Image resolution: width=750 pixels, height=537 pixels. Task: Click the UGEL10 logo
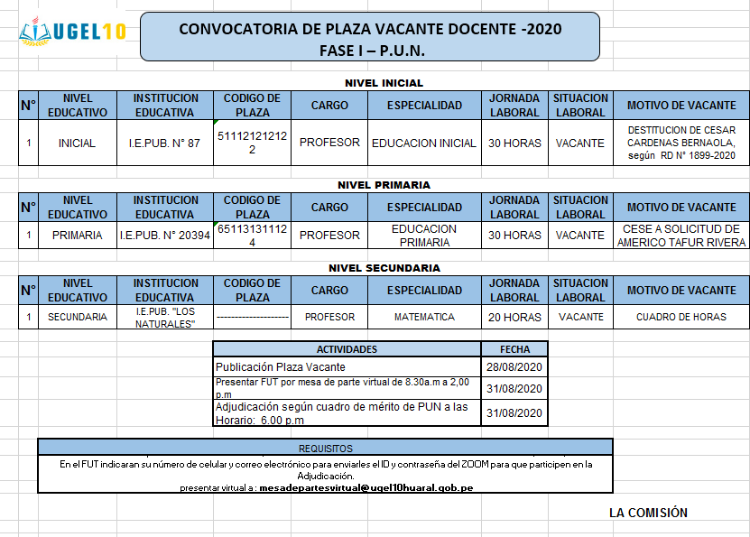72,32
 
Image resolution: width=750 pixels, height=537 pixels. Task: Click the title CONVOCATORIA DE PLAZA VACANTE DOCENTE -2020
370,29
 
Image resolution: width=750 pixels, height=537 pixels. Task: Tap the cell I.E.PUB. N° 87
164,143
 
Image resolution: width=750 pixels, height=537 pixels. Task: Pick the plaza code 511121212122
252,143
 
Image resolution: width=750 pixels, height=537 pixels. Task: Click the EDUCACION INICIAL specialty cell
423,143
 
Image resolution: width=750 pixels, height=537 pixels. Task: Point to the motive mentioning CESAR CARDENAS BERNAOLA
681,143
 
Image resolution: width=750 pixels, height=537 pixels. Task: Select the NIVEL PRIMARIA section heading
384,185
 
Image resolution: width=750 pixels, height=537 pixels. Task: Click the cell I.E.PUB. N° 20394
165,236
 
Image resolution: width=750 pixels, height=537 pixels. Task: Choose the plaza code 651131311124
252,236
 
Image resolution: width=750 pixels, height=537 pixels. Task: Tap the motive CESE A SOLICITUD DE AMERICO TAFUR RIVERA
681,236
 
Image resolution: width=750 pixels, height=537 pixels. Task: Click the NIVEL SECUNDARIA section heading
384,268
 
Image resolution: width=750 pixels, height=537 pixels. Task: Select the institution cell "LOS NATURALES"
165,317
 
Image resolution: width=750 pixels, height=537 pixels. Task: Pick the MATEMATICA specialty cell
424,317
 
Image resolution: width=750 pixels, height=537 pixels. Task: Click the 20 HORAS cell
514,317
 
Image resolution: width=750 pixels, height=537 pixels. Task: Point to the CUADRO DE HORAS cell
681,317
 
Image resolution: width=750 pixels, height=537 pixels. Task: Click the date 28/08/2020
514,367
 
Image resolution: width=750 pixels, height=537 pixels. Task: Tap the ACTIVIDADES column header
347,349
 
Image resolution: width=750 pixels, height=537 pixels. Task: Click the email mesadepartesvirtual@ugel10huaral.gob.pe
366,488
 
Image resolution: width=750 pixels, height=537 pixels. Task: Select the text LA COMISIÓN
648,513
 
